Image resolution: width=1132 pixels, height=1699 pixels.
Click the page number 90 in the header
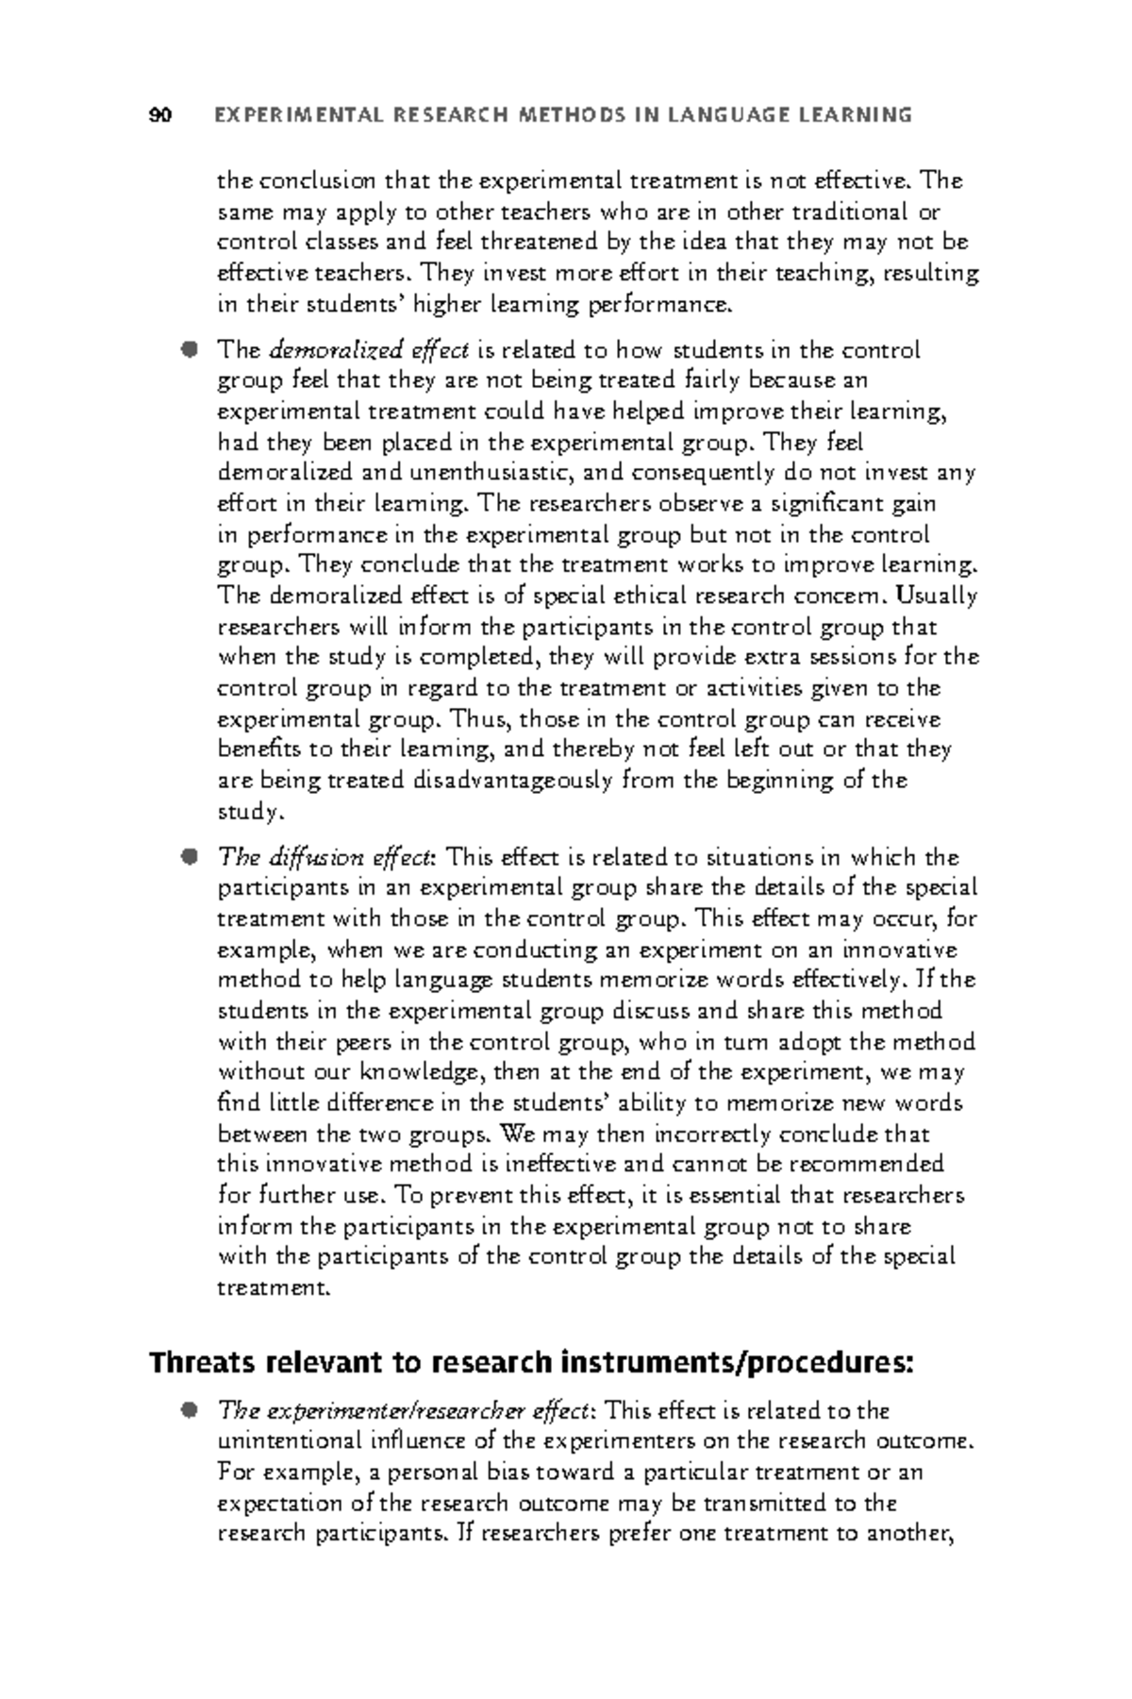pos(160,115)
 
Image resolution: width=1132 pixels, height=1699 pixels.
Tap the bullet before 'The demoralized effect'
pos(191,349)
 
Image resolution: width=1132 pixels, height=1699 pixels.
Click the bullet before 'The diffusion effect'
pos(191,856)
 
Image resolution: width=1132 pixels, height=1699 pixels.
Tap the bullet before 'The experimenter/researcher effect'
pos(191,1409)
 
